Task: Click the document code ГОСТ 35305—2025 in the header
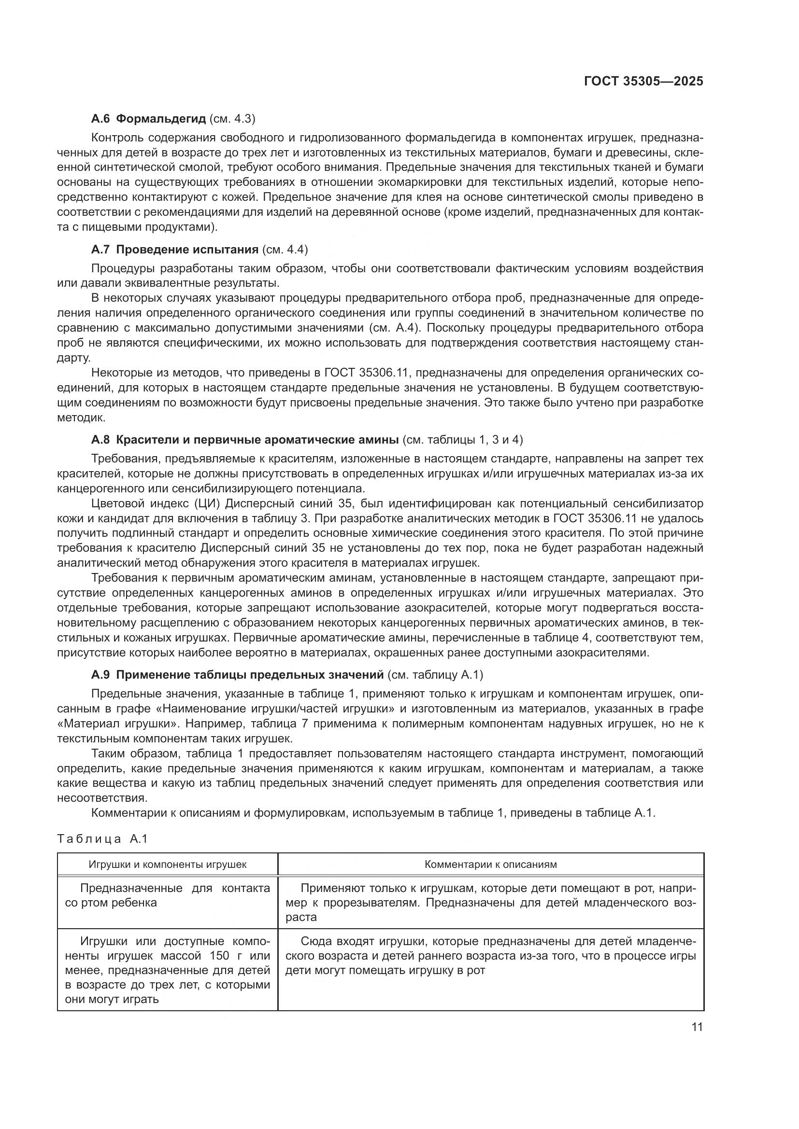(643, 81)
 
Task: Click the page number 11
(697, 1027)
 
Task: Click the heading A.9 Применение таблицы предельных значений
(237, 675)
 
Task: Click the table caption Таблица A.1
(102, 839)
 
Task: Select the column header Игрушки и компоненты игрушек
(167, 864)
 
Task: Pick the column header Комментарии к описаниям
(490, 864)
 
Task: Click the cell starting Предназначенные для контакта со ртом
(167, 895)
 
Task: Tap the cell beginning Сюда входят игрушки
(490, 956)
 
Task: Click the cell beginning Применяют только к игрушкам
(490, 902)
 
